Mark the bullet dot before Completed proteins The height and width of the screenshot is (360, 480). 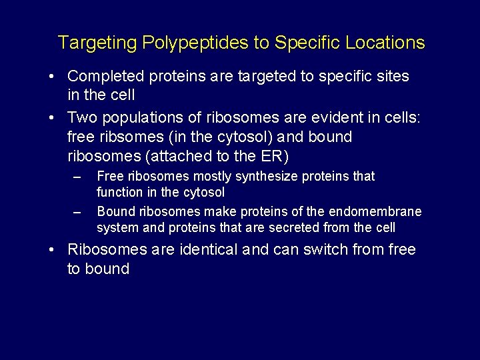tap(51, 76)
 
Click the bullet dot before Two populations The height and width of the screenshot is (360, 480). tap(51, 117)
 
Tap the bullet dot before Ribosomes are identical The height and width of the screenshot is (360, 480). tap(51, 250)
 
